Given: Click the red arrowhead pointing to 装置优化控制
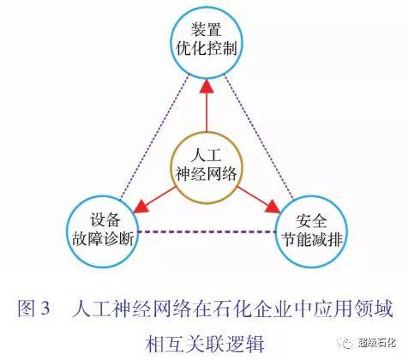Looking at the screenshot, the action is [x=207, y=86].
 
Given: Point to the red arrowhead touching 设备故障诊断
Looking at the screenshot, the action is [x=141, y=207].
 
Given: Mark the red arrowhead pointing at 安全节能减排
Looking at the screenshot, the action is [x=272, y=207].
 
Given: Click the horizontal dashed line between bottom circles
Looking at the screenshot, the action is [x=207, y=232].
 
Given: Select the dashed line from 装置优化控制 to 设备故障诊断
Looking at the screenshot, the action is [x=154, y=137].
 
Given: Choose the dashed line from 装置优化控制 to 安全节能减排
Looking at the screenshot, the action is [x=259, y=136].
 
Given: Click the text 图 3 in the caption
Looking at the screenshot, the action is [x=33, y=309].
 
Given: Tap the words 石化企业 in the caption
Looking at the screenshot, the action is [x=236, y=309].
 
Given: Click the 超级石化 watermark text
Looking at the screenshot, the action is [x=377, y=342].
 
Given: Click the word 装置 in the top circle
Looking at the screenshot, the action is [x=207, y=30].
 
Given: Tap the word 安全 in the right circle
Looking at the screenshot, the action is [x=311, y=220].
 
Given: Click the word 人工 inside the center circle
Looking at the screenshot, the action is [x=207, y=156].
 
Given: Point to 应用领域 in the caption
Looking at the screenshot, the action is [x=355, y=309].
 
